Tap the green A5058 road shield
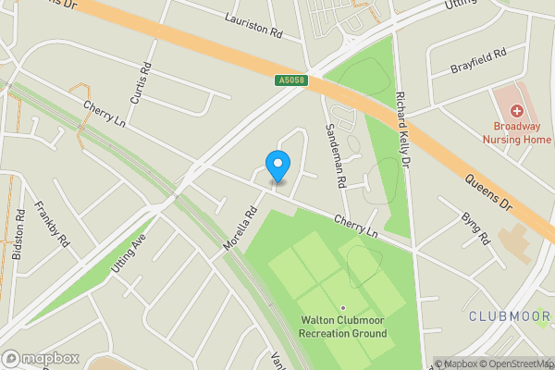point(290,81)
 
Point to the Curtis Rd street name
point(140,82)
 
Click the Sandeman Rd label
point(334,156)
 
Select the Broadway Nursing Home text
point(517,133)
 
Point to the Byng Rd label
point(475,228)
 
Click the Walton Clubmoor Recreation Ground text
point(342,327)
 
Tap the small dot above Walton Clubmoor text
point(342,308)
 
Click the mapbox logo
point(40,358)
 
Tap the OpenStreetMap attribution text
point(515,364)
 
